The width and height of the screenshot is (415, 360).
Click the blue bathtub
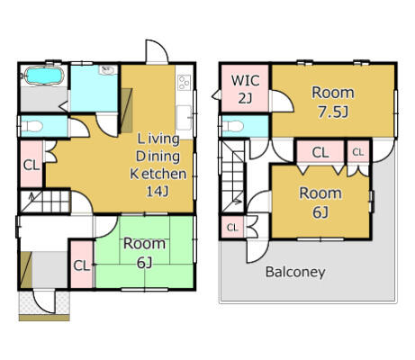(x=44, y=75)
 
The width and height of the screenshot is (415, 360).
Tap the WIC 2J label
(x=246, y=89)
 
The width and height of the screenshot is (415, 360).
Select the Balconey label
(x=295, y=272)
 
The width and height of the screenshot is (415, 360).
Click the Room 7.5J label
(x=333, y=102)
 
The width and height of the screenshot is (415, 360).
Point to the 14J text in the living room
(x=158, y=192)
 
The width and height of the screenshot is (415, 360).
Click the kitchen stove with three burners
(x=185, y=83)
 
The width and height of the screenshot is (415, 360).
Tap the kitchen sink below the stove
(x=184, y=118)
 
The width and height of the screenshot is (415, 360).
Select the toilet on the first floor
(x=32, y=126)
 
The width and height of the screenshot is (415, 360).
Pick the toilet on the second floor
(x=233, y=126)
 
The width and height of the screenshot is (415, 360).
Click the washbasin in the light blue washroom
(x=108, y=70)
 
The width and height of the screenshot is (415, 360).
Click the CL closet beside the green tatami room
(x=82, y=265)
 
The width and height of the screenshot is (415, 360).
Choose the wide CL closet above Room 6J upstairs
(x=320, y=152)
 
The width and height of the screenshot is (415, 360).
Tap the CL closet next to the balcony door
(x=232, y=228)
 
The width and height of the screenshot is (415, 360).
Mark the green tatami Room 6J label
(x=144, y=253)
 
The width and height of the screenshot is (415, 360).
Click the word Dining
(x=158, y=157)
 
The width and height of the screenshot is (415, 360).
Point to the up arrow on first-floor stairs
(x=32, y=196)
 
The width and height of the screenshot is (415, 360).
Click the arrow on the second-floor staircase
(x=238, y=202)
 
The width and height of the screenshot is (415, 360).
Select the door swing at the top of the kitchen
(x=157, y=51)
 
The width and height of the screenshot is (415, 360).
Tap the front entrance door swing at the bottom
(x=44, y=301)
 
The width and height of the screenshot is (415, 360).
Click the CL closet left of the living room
(x=32, y=165)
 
